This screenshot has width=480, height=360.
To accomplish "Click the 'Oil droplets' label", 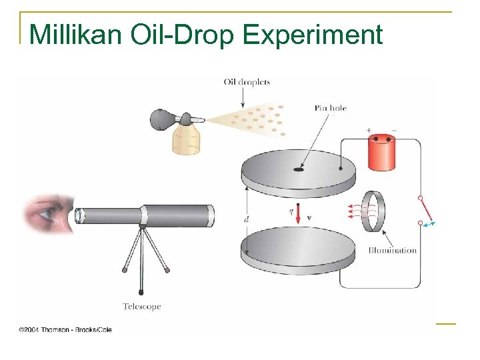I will (247, 83).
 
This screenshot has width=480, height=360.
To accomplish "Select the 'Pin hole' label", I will (330, 108).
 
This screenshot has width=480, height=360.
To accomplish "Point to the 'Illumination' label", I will (393, 251).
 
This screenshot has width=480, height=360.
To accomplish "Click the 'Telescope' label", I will (141, 307).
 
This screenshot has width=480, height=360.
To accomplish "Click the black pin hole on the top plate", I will (298, 169).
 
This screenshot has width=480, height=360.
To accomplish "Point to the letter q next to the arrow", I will (290, 212).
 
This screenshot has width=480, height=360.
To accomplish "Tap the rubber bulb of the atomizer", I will (163, 119).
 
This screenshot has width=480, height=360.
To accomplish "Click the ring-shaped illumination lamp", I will (375, 211).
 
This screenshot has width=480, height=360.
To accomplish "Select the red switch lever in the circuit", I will (425, 210).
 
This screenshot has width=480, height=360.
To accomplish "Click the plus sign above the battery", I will (368, 130).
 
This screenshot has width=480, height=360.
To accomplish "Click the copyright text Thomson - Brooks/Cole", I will (65, 329).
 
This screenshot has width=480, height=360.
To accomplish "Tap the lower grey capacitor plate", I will (298, 250).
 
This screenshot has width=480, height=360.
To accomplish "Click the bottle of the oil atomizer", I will (187, 141).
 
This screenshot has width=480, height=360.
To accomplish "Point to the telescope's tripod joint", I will (141, 228).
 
